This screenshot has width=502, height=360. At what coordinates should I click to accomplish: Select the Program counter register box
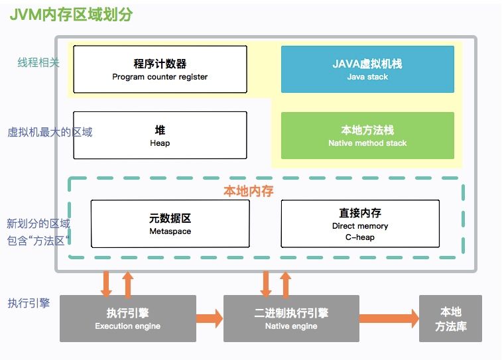coord(160,70)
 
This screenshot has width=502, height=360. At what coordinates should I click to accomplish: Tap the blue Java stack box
coord(367,70)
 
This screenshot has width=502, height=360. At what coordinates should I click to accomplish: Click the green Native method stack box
coord(367,136)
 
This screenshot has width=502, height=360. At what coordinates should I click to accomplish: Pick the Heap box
coord(160,135)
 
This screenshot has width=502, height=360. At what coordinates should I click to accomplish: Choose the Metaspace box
coord(170,223)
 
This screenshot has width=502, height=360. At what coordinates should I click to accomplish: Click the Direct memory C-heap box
coord(360,223)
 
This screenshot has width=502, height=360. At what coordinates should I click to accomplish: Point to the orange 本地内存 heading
coord(248,191)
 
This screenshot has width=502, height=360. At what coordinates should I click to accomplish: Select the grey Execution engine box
coord(127,318)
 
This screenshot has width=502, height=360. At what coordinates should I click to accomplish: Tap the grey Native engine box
coord(291,318)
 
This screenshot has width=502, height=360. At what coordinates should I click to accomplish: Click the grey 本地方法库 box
coord(450,318)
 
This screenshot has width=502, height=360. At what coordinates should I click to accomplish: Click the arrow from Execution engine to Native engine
coord(210,318)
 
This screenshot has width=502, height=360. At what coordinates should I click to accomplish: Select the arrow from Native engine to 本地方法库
coord(389,318)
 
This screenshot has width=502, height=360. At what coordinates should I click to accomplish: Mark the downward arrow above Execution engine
coord(106,284)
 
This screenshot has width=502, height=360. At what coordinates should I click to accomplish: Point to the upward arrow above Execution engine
coord(128,284)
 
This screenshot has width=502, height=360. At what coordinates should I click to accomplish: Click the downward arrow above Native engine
coord(266,284)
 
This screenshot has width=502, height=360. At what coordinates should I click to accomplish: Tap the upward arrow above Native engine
coord(286,284)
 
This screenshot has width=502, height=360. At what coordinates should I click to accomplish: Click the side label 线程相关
coord(38,63)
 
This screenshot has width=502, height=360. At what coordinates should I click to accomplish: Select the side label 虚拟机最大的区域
coord(50,132)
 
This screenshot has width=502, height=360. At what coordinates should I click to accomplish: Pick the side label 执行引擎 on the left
coord(29,304)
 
